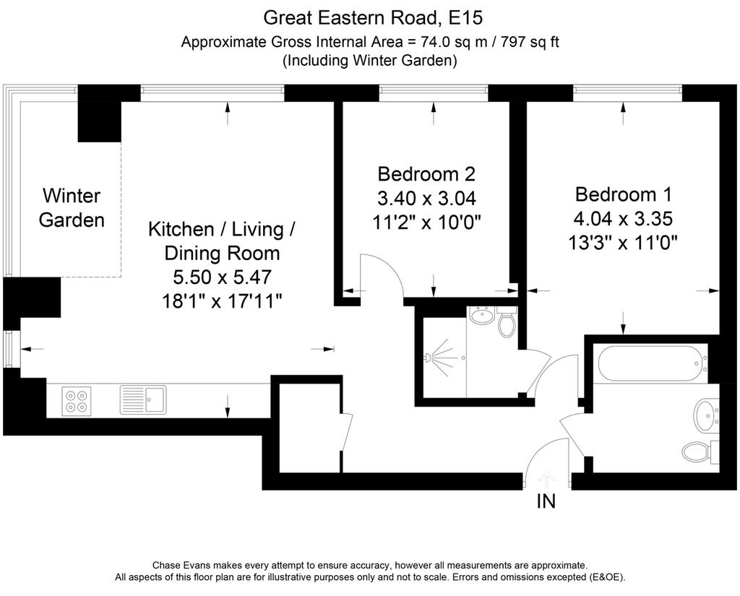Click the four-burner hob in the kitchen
pyautogui.click(x=77, y=401)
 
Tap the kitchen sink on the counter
pyautogui.click(x=143, y=400)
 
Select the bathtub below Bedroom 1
pyautogui.click(x=653, y=363)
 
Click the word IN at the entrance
pyautogui.click(x=546, y=501)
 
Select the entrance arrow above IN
pyautogui.click(x=547, y=479)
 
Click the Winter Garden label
pyautogui.click(x=72, y=207)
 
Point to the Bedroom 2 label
pyautogui.click(x=426, y=174)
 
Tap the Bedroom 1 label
pyautogui.click(x=623, y=194)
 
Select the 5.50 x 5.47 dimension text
pyautogui.click(x=223, y=277)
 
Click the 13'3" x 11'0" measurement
pyautogui.click(x=623, y=243)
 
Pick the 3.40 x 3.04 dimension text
pyautogui.click(x=426, y=198)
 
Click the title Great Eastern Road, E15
pyautogui.click(x=373, y=18)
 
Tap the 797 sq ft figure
pyautogui.click(x=530, y=42)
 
